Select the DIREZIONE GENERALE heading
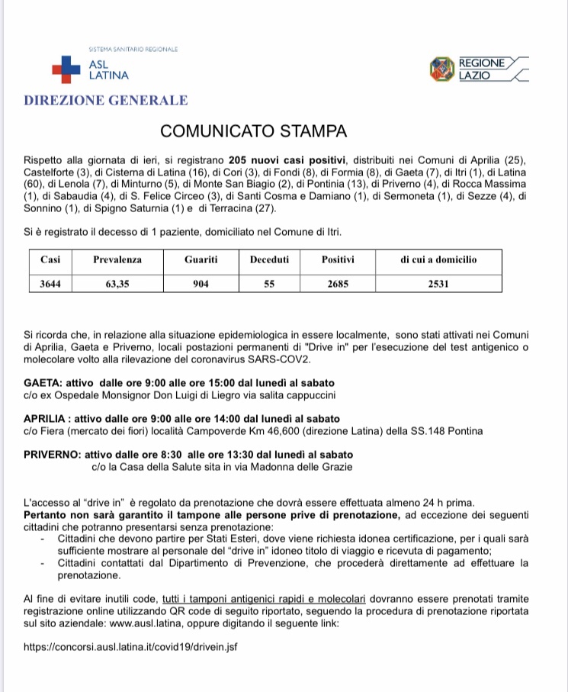pos(105,100)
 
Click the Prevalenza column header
pos(117,259)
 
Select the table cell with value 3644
pos(51,284)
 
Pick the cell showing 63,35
pos(117,284)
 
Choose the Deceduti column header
pos(269,259)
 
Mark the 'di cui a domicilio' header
pos(438,259)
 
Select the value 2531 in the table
pos(438,284)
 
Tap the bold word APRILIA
pos(49,418)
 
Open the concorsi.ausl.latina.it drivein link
pos(131,645)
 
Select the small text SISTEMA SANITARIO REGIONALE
pos(133,49)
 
